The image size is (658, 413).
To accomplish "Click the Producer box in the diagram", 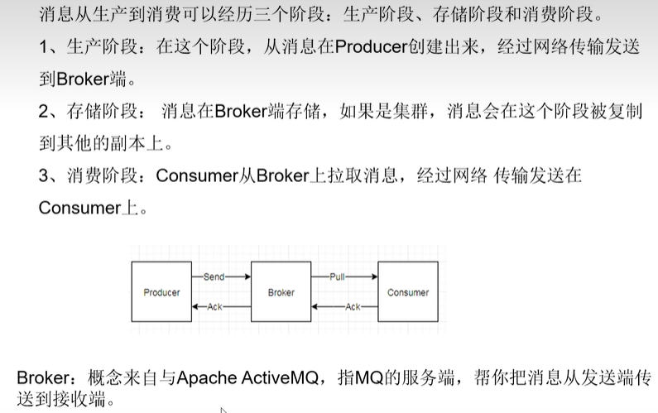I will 161,292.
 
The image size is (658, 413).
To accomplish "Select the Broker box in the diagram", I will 281,292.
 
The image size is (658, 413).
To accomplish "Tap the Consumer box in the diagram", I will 408,292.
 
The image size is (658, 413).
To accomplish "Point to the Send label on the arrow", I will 214,277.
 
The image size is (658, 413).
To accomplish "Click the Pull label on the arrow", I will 337,277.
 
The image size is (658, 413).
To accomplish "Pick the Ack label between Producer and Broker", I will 214,307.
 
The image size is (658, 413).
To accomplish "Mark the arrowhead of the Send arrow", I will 247,277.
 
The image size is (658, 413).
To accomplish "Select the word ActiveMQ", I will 282,377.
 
